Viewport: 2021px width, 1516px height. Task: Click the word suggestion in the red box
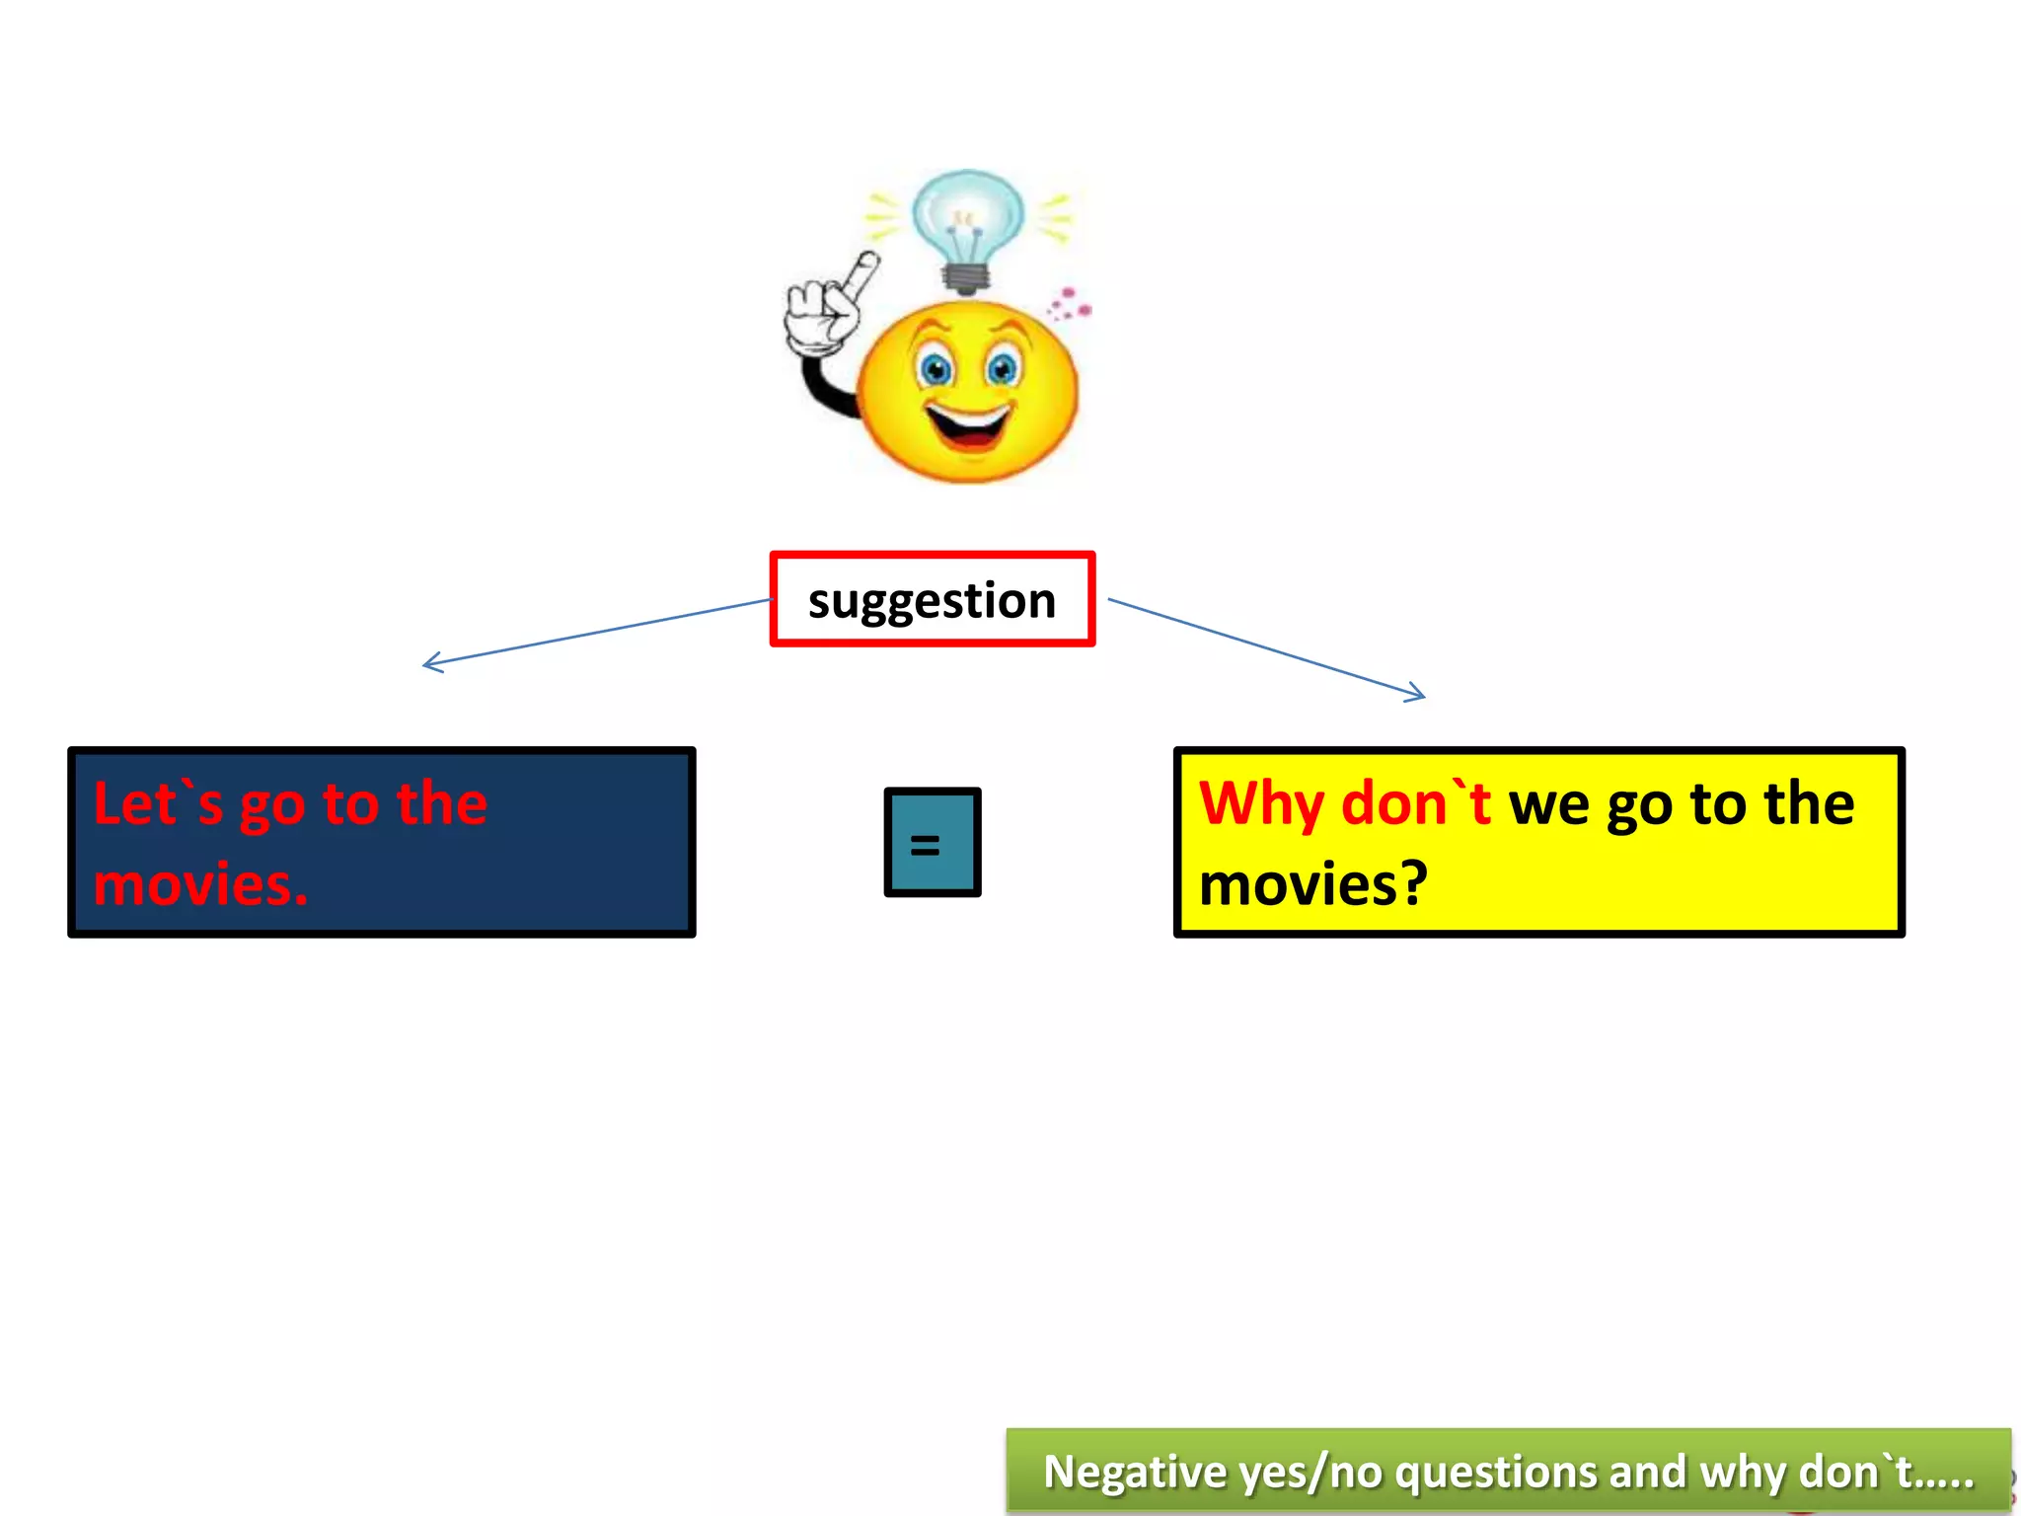[932, 601]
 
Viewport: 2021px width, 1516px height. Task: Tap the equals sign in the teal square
[925, 845]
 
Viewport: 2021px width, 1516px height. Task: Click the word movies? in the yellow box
[1312, 884]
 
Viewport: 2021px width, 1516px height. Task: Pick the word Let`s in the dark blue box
[158, 803]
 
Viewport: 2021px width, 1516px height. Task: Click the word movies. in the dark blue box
[200, 884]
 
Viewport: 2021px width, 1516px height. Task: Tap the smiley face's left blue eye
[935, 369]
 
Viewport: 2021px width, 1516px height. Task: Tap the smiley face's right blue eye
[1003, 369]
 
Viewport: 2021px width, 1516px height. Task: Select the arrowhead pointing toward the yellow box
[1417, 694]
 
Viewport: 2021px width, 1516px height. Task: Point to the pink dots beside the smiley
[1070, 304]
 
